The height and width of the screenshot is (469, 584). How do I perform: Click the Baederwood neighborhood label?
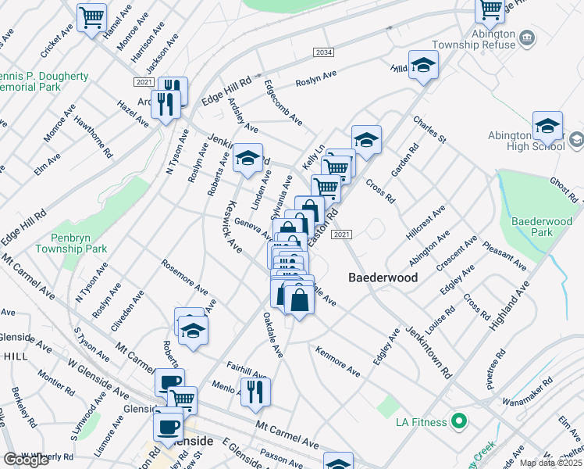(383, 277)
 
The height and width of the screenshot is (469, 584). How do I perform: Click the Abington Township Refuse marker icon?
(527, 38)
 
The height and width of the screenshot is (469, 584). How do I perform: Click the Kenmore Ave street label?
(337, 361)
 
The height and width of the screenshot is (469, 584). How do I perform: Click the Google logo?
(26, 460)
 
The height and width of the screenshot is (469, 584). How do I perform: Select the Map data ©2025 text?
(550, 463)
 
